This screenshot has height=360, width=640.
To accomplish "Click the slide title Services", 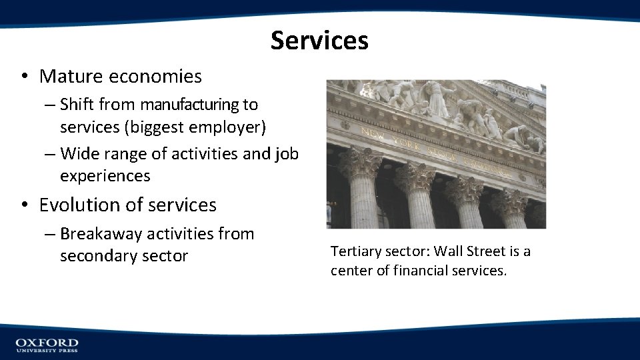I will (x=319, y=41).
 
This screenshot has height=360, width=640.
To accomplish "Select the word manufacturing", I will (x=189, y=105).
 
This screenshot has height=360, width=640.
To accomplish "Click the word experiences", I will (x=105, y=176).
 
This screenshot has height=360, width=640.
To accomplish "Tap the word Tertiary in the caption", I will (x=355, y=251).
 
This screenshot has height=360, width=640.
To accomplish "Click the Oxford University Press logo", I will (x=47, y=345).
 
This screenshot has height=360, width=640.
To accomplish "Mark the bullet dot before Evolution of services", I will (x=23, y=205).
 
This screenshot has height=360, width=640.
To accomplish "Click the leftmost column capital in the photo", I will (x=361, y=164).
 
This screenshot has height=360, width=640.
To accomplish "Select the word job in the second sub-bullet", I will (x=287, y=154).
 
